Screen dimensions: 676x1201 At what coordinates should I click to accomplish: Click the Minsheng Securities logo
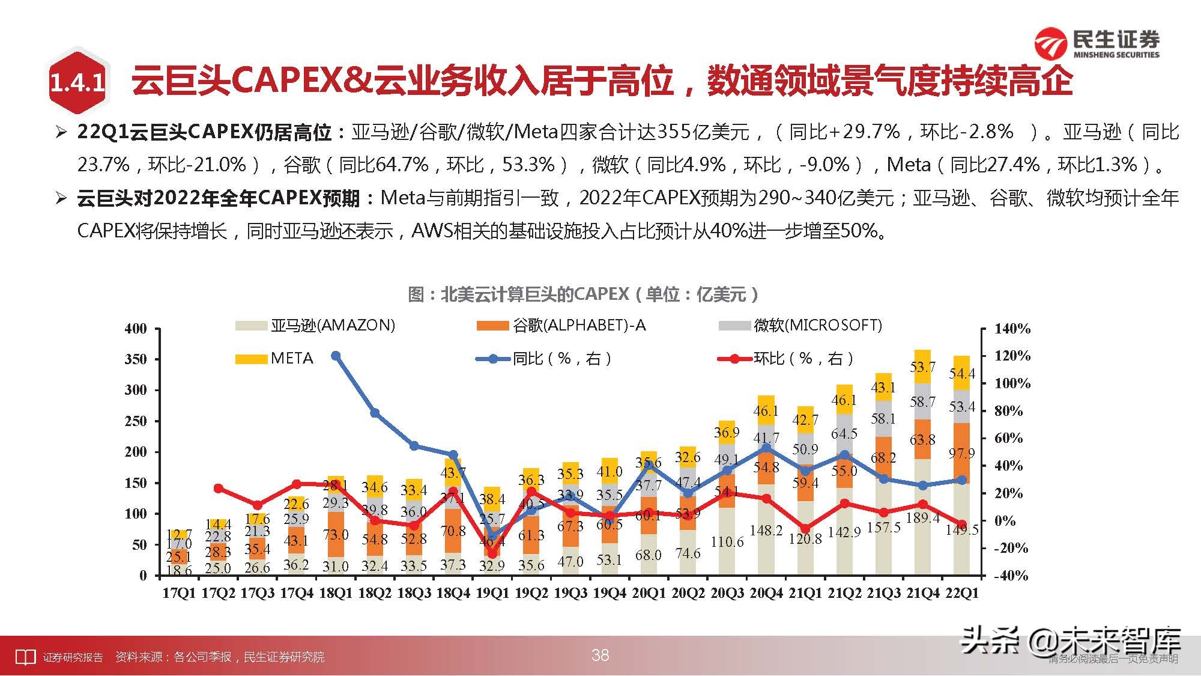pyautogui.click(x=1097, y=44)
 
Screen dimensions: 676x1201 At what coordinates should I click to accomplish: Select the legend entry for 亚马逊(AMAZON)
pyautogui.click(x=315, y=326)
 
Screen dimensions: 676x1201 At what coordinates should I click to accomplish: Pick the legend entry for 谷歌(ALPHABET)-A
pyautogui.click(x=561, y=326)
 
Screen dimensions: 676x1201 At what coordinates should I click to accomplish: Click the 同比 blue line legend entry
pyautogui.click(x=544, y=359)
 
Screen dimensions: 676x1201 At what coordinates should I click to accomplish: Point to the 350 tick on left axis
pyautogui.click(x=136, y=359)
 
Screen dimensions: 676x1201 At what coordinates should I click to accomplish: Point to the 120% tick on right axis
pyautogui.click(x=1012, y=356)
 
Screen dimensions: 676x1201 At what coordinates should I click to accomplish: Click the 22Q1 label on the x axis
pyautogui.click(x=961, y=593)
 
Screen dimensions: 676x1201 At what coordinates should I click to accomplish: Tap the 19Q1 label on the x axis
pyautogui.click(x=492, y=593)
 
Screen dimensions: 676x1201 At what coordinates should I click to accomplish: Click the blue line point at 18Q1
pyautogui.click(x=336, y=356)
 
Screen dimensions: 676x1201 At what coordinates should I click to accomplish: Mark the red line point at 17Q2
pyautogui.click(x=218, y=489)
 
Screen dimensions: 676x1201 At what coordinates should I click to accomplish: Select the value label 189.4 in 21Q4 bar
pyautogui.click(x=922, y=518)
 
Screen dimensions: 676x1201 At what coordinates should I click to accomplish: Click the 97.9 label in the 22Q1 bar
pyautogui.click(x=961, y=453)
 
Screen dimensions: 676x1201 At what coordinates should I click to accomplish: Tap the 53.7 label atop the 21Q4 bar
pyautogui.click(x=922, y=367)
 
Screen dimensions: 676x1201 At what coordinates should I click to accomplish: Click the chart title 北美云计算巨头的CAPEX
pyautogui.click(x=582, y=294)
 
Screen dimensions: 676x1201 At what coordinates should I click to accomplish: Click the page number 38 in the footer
pyautogui.click(x=600, y=655)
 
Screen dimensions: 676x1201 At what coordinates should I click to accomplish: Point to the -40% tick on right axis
pyautogui.click(x=1012, y=576)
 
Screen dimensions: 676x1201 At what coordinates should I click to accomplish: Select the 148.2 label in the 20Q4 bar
pyautogui.click(x=766, y=531)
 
